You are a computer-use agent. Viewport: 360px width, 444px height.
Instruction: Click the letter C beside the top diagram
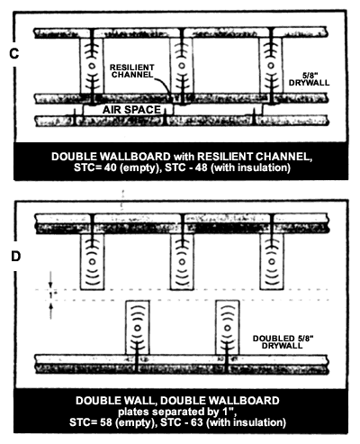pos(14,53)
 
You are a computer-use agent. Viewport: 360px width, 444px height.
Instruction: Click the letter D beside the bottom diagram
pos(15,257)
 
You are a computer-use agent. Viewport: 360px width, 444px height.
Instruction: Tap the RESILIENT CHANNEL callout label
pos(132,71)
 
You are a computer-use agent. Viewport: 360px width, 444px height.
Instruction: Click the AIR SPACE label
pos(131,110)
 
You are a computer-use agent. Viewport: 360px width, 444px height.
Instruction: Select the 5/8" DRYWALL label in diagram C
pos(309,79)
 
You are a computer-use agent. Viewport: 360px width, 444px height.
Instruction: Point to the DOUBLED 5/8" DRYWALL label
pos(283,342)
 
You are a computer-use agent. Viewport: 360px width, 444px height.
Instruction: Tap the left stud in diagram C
pos(92,66)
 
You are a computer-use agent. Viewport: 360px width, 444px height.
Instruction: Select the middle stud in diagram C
pos(181,66)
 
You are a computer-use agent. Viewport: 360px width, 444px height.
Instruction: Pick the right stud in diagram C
pos(271,66)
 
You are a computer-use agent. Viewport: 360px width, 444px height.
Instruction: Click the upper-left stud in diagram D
pos(92,262)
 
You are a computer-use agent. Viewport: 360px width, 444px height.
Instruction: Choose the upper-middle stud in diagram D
pos(182,262)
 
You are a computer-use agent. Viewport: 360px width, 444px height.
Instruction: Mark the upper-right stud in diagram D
pos(272,262)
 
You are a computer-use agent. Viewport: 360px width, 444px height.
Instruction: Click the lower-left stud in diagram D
pos(137,328)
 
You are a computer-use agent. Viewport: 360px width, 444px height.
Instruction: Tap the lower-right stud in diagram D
pos(227,328)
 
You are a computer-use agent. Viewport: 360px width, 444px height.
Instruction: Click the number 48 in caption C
pos(201,168)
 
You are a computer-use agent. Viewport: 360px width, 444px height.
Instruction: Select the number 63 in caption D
pos(196,422)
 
